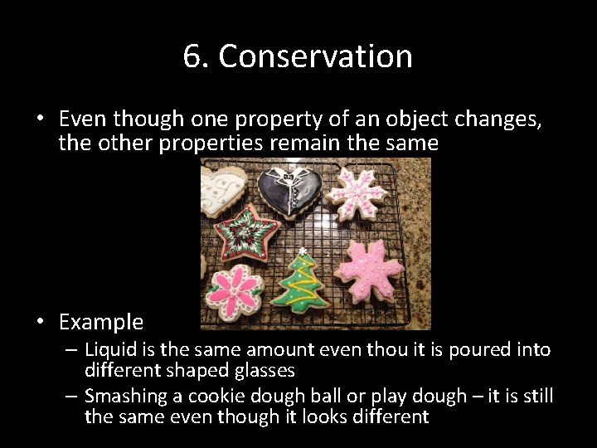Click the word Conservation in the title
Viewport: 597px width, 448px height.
coord(315,56)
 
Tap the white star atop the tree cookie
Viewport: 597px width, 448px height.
coord(303,251)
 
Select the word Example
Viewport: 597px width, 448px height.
coord(101,322)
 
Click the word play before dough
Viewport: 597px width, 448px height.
coord(383,396)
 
